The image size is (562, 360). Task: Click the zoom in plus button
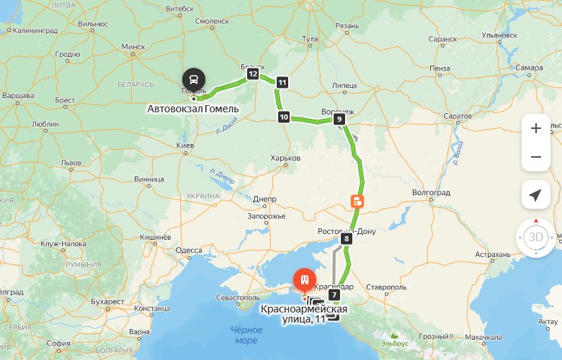tap(535, 129)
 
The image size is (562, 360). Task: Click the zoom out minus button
tap(535, 157)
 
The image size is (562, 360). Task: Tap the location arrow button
tap(535, 195)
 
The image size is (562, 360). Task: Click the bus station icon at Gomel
tap(194, 78)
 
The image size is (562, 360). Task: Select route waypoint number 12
tap(252, 73)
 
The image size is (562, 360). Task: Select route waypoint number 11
tap(282, 82)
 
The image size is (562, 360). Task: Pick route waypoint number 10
tap(284, 117)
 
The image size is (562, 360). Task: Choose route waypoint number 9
tap(339, 121)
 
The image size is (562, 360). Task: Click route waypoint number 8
tap(347, 238)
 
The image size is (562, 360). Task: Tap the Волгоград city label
tap(430, 193)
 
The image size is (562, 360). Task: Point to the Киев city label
tap(186, 146)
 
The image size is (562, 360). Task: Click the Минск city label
tap(133, 47)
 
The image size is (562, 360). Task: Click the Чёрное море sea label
tap(245, 335)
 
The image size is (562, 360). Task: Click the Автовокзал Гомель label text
tap(192, 109)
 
